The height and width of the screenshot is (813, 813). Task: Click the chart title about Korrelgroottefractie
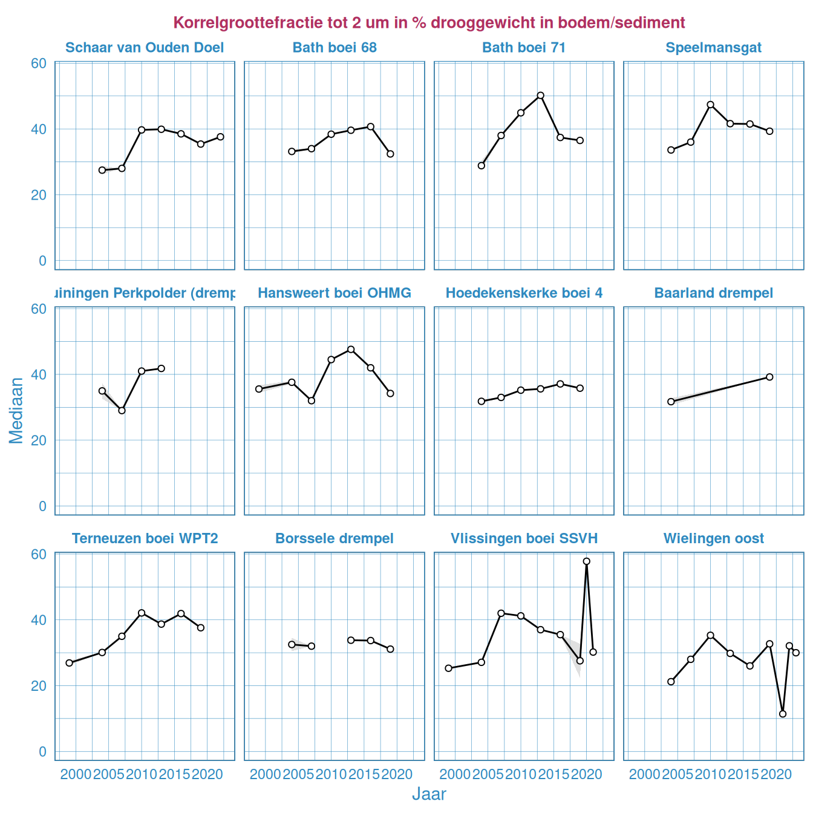[x=429, y=23]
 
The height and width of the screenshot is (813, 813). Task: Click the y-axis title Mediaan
[x=16, y=410]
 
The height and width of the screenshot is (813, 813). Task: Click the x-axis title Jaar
[x=429, y=794]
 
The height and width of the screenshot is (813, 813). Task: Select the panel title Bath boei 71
[x=524, y=48]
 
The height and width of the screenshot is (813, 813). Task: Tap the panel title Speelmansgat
[x=714, y=48]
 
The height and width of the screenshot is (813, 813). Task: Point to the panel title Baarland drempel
[x=714, y=293]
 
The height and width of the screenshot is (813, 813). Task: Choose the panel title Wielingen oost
[x=714, y=539]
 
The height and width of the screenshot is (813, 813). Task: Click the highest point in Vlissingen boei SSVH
[x=587, y=561]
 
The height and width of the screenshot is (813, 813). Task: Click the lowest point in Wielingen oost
[x=783, y=714]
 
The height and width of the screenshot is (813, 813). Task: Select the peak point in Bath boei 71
[x=541, y=96]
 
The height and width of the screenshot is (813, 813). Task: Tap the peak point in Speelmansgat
[x=711, y=105]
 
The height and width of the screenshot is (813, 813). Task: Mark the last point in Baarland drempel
[x=769, y=377]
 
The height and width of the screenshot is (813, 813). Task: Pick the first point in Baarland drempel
[x=671, y=402]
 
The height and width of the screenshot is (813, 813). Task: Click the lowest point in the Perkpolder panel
[x=122, y=411]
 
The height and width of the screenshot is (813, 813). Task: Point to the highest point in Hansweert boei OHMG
[x=351, y=350]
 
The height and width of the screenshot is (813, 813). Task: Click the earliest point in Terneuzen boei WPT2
[x=69, y=663]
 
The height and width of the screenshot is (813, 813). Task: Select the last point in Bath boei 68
[x=390, y=154]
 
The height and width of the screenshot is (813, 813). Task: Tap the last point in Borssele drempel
[x=390, y=649]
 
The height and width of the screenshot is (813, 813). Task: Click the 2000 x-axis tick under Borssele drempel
[x=266, y=774]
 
